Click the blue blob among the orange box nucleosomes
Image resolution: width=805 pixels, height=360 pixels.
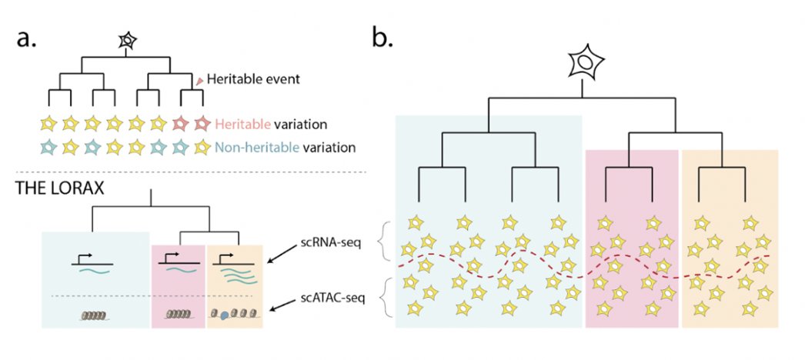pos(226,314)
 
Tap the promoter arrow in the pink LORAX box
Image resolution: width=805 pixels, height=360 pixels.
pos(172,255)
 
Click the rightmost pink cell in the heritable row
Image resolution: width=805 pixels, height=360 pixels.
pos(202,122)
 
